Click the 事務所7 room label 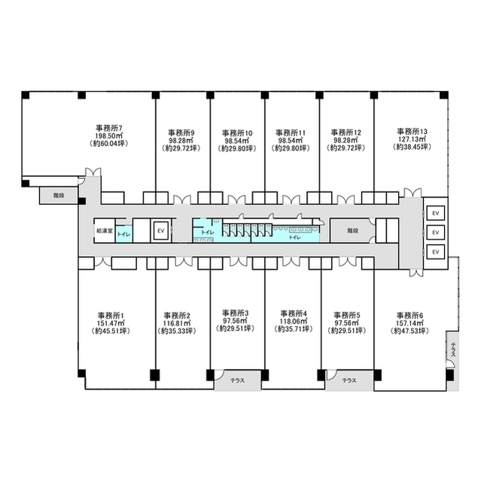pyautogui.click(x=110, y=128)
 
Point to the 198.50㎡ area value pyautogui.click(x=110, y=136)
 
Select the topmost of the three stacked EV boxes pyautogui.click(x=434, y=213)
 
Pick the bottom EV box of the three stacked pyautogui.click(x=434, y=251)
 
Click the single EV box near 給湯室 pyautogui.click(x=160, y=231)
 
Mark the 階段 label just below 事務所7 pyautogui.click(x=58, y=194)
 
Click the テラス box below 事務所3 pyautogui.click(x=235, y=381)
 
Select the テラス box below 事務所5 pyautogui.click(x=349, y=381)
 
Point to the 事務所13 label pyautogui.click(x=412, y=131)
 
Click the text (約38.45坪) pyautogui.click(x=412, y=148)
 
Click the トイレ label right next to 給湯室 pyautogui.click(x=123, y=234)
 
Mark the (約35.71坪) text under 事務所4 pyautogui.click(x=293, y=329)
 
